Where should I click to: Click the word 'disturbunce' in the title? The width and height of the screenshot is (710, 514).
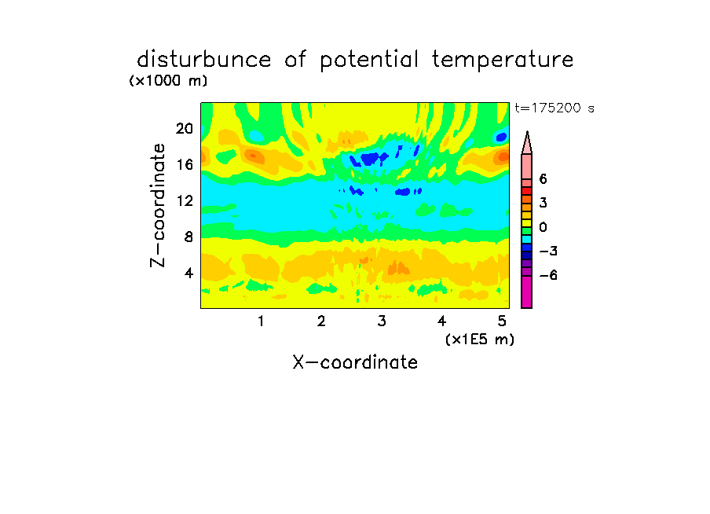click(x=204, y=60)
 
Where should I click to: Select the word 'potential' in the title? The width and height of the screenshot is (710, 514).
click(x=369, y=61)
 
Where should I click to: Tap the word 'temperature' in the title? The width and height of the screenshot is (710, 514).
click(x=503, y=61)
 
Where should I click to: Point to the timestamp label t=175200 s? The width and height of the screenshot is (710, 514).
click(x=554, y=108)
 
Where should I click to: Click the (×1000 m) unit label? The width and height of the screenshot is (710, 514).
click(x=168, y=81)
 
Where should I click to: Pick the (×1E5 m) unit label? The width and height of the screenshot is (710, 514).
click(x=480, y=340)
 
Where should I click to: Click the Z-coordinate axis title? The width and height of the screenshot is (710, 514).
click(x=158, y=205)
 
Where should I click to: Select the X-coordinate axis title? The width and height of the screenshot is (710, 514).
click(x=355, y=362)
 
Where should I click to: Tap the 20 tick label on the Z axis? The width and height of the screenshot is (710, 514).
click(x=185, y=129)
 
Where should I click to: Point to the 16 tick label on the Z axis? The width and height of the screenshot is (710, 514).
click(x=185, y=164)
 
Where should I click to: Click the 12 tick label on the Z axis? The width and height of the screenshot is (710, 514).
click(x=185, y=200)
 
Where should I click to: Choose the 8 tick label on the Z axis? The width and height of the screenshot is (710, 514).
click(x=188, y=237)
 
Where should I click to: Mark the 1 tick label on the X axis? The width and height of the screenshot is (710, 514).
click(x=261, y=321)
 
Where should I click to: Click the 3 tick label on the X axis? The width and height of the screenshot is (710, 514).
click(x=382, y=321)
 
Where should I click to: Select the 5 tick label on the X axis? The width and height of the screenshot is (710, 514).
click(x=502, y=321)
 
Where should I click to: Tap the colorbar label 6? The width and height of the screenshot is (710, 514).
click(x=543, y=179)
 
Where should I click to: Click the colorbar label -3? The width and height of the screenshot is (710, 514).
click(x=548, y=251)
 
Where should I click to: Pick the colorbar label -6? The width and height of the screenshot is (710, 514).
click(x=548, y=275)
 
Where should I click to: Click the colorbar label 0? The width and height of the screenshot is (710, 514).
click(x=543, y=227)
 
